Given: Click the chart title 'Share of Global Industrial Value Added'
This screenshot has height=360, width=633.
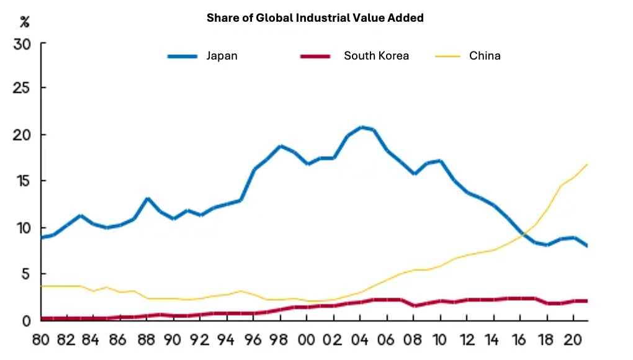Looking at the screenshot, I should (315, 18).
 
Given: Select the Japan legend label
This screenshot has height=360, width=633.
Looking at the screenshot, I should (222, 56).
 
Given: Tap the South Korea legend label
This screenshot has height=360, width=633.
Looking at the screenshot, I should (376, 56).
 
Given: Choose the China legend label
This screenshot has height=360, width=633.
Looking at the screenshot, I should (485, 56).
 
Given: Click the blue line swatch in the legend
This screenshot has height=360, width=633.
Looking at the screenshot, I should (182, 56).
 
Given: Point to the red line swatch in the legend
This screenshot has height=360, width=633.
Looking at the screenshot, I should (315, 56).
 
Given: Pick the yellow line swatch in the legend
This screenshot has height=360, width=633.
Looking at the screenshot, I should (447, 56).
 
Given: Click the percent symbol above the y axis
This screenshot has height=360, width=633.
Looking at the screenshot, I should (24, 23).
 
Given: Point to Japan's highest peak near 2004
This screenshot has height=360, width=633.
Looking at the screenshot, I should (362, 127).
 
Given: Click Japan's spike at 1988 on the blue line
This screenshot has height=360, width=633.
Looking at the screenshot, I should (148, 199).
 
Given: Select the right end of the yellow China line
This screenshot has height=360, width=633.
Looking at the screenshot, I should (587, 164).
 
